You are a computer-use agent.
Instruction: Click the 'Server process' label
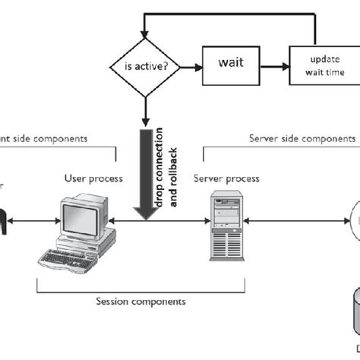click(x=226, y=178)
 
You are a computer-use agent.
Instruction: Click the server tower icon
click(x=226, y=221)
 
